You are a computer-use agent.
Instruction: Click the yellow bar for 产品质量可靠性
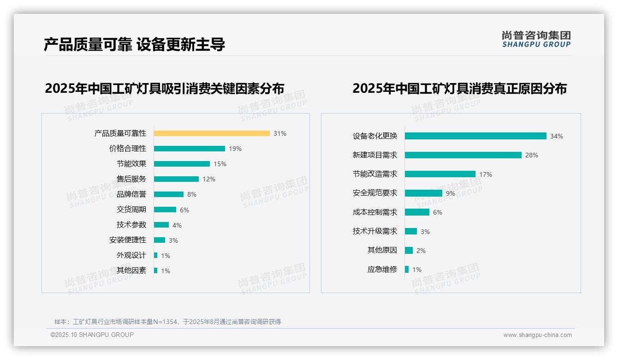pyautogui.click(x=212, y=133)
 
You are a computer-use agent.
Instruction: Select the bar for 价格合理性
pyautogui.click(x=190, y=149)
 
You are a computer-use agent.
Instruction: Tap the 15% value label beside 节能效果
pyautogui.click(x=220, y=164)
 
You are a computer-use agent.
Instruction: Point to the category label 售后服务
pyautogui.click(x=131, y=179)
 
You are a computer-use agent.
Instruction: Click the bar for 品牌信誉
pyautogui.click(x=169, y=194)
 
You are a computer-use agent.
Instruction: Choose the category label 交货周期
pyautogui.click(x=131, y=210)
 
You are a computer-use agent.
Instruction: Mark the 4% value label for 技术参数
pyautogui.click(x=177, y=225)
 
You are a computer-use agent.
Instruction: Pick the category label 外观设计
pyautogui.click(x=131, y=255)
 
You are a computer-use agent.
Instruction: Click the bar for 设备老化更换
pyautogui.click(x=475, y=136)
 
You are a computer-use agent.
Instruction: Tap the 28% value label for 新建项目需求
pyautogui.click(x=532, y=155)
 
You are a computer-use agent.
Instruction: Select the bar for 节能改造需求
pyautogui.click(x=440, y=174)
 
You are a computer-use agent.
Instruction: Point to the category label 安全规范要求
pyautogui.click(x=375, y=193)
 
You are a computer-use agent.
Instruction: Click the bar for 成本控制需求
pyautogui.click(x=417, y=212)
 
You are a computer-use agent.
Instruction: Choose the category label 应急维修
pyautogui.click(x=382, y=270)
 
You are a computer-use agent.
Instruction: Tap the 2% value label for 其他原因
pyautogui.click(x=421, y=251)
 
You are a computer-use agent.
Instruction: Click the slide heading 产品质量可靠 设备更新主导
pyautogui.click(x=134, y=45)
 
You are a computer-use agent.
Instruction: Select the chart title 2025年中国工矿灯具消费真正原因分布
pyautogui.click(x=459, y=89)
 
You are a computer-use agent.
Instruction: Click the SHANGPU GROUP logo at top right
pyautogui.click(x=536, y=39)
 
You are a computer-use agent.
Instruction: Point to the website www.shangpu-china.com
pyautogui.click(x=537, y=335)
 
